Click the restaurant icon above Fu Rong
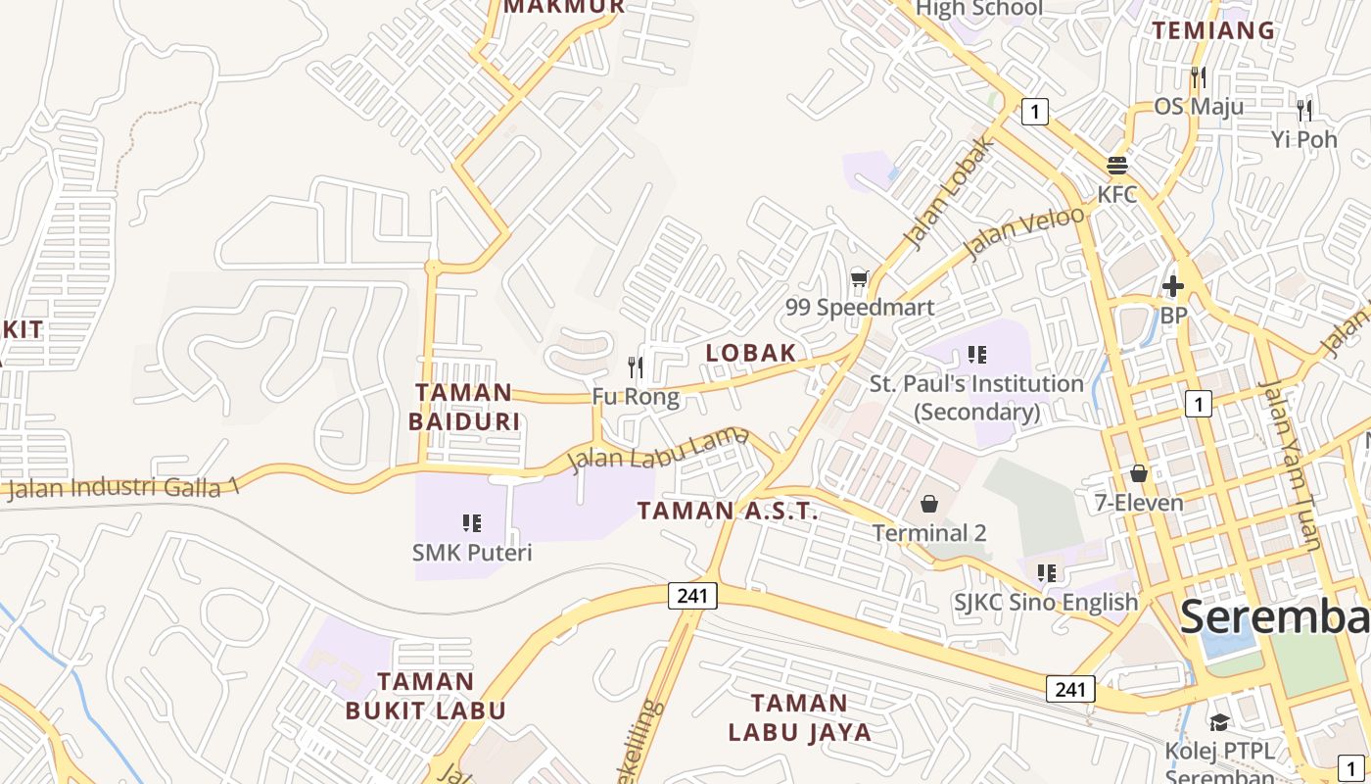(x=636, y=367)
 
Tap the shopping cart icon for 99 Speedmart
(x=859, y=279)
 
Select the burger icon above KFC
(x=1117, y=165)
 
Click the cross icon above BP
(x=1172, y=286)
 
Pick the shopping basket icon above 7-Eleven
(x=1138, y=474)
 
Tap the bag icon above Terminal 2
(x=928, y=504)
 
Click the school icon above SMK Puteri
(x=471, y=523)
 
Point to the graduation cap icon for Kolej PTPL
(x=1219, y=722)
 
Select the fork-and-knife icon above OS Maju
(x=1198, y=76)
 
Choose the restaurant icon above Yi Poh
(x=1303, y=110)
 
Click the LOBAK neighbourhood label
(x=751, y=353)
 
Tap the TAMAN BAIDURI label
(x=464, y=407)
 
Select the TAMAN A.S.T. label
(x=727, y=511)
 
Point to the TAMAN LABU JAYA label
(x=799, y=717)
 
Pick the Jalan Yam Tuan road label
(x=1292, y=465)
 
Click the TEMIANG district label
(x=1213, y=30)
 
